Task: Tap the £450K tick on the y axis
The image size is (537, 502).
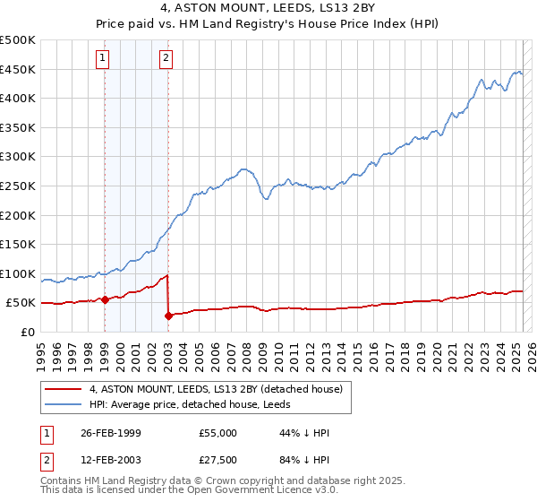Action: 18,69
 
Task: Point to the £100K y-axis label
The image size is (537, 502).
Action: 18,273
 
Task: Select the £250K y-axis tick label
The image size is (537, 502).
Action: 18,186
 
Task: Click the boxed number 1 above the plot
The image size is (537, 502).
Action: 104,59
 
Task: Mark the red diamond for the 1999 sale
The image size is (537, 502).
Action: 105,299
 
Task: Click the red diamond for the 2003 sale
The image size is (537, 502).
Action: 168,316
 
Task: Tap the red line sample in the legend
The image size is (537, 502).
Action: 64,389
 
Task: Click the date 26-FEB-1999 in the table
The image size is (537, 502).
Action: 111,433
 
